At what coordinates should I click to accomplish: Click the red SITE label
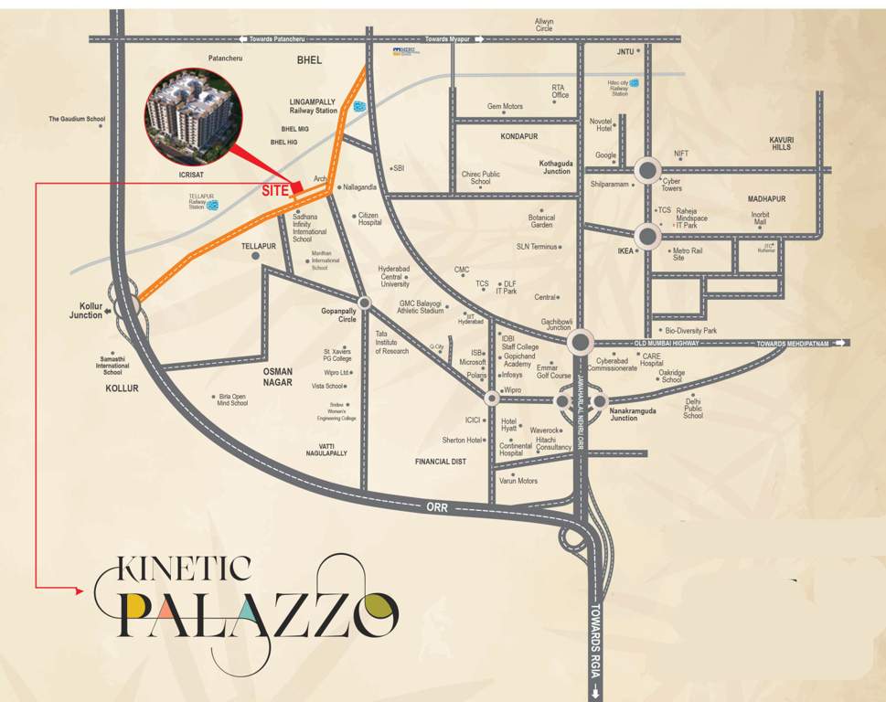(275, 192)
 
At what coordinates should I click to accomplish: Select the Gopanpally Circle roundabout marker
(364, 303)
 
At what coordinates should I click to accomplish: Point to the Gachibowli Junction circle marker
(580, 343)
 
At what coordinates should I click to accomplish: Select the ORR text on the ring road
(436, 506)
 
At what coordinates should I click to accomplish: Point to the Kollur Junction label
(86, 311)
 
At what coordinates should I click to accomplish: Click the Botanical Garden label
(541, 221)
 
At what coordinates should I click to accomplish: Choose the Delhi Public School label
(693, 409)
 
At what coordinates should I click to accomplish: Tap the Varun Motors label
(518, 481)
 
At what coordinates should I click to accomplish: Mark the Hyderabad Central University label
(395, 276)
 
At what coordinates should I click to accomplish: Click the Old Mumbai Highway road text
(666, 343)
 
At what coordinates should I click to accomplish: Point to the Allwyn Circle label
(544, 25)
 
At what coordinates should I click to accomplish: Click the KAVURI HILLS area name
(781, 144)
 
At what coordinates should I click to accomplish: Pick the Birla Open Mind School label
(232, 399)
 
